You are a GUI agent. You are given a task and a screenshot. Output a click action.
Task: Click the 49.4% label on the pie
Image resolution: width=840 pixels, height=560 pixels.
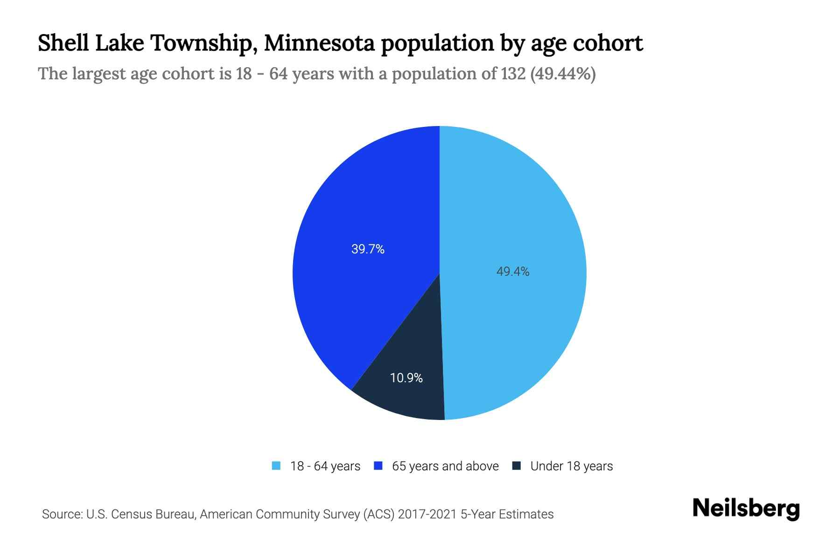click(x=512, y=272)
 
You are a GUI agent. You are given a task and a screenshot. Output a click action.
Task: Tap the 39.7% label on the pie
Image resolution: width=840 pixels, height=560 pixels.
click(x=368, y=249)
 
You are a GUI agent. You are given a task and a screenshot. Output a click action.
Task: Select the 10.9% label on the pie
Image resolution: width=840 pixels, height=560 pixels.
click(x=406, y=378)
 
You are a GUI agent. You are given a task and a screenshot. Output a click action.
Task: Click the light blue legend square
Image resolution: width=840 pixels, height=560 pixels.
click(x=276, y=466)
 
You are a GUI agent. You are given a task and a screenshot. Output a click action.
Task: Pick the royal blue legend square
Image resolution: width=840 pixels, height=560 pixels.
click(x=378, y=466)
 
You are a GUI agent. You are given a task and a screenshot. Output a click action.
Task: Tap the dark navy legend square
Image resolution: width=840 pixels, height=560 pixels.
click(x=517, y=466)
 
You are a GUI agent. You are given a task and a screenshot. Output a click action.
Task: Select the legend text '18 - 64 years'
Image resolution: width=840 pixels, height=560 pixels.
click(x=325, y=466)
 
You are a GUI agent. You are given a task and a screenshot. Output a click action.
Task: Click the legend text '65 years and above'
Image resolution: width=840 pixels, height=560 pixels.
click(x=445, y=466)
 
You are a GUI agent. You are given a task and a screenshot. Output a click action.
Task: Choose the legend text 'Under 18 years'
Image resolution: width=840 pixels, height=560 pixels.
click(x=571, y=466)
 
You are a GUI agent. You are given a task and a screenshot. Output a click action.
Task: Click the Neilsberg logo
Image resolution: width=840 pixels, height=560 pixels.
click(x=746, y=509)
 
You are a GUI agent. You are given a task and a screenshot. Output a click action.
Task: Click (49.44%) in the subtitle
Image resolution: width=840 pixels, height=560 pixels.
click(x=563, y=74)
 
